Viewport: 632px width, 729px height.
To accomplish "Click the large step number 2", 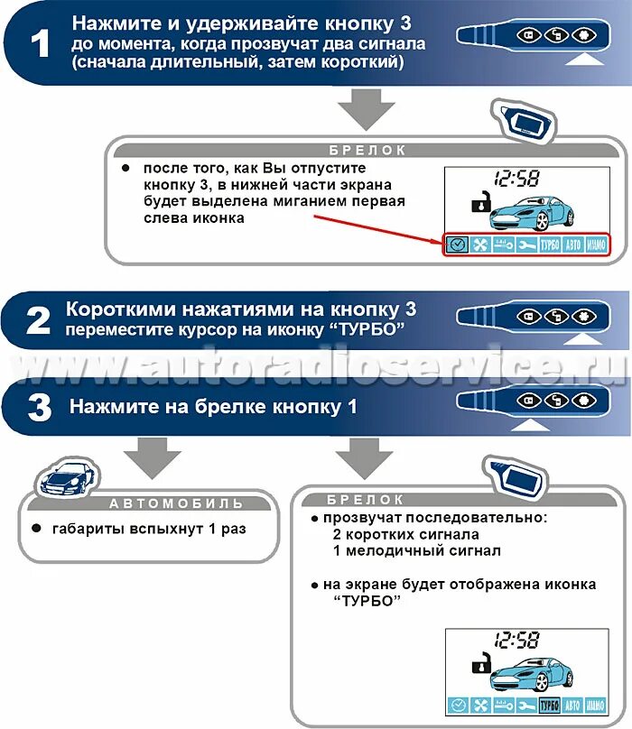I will point(39,320).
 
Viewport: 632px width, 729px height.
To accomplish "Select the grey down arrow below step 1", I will point(366,112).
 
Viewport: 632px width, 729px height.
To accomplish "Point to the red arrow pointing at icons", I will point(379,226).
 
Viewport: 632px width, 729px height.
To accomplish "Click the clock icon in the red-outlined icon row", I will point(457,245).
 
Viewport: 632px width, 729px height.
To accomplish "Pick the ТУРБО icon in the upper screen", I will point(549,245).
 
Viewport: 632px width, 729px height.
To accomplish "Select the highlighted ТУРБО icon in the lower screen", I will point(548,705).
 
